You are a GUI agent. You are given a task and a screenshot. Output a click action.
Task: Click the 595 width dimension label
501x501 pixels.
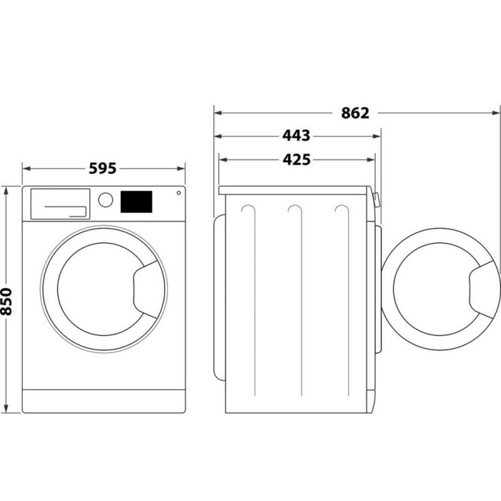point(103,168)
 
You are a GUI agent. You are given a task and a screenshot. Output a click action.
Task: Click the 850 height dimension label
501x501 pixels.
point(6,301)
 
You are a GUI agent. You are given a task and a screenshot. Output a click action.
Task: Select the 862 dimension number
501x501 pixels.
point(355,113)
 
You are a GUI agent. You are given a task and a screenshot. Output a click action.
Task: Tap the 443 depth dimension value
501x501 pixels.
point(296,135)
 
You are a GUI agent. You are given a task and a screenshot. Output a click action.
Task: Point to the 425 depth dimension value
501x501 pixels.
point(296,160)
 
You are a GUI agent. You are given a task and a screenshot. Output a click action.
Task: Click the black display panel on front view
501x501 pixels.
point(136,202)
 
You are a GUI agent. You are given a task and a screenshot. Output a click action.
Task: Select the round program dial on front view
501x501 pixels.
point(105,200)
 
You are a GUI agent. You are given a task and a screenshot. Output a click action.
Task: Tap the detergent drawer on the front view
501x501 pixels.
point(60,204)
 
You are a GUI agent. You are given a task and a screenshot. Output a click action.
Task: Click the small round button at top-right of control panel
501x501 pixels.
point(178,193)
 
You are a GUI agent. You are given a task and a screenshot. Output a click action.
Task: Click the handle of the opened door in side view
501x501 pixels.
point(484,289)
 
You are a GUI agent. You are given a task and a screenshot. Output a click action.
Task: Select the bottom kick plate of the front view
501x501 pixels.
point(104,401)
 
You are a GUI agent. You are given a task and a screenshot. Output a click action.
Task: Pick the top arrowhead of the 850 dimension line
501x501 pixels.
point(6,190)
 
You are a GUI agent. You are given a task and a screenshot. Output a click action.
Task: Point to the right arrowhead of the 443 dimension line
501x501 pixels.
point(377,136)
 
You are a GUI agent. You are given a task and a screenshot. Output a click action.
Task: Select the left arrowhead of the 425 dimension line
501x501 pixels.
point(223,160)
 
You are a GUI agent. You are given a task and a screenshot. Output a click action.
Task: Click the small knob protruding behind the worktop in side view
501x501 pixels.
point(376,199)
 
